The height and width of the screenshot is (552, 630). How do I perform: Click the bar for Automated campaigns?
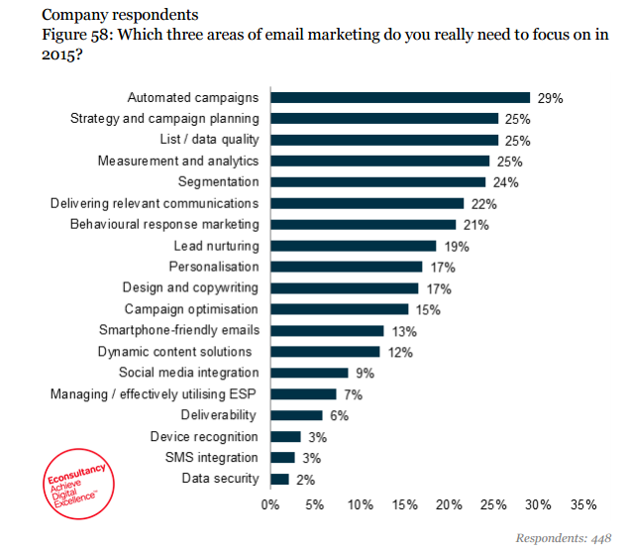point(400,97)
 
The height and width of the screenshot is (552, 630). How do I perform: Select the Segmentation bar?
point(377,182)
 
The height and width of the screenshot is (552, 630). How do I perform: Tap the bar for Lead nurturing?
point(353,246)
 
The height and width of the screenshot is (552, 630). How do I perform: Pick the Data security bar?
point(279,480)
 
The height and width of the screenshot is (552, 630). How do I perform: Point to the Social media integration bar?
point(309,373)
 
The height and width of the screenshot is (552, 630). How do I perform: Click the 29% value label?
point(550,98)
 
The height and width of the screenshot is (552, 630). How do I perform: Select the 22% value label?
point(483,204)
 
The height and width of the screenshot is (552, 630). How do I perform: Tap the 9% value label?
point(365,374)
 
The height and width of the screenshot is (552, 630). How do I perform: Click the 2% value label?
point(305,480)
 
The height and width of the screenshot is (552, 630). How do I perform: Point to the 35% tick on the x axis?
point(582,504)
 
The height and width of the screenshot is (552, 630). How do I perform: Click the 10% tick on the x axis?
point(360,504)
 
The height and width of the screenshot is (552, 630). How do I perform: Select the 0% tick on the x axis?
point(270,504)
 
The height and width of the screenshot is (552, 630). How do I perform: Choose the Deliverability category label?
point(219,415)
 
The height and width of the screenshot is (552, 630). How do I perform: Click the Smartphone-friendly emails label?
point(178,330)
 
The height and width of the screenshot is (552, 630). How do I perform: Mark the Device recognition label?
point(204,437)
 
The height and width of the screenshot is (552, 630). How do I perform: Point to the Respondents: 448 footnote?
point(564,538)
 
